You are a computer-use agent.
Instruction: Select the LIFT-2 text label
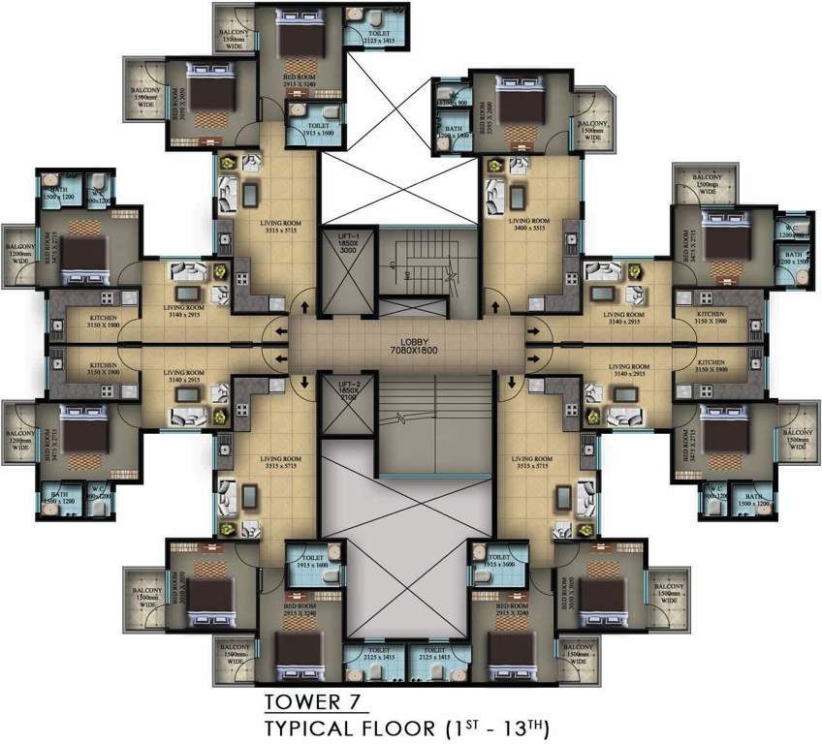[x=348, y=386]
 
